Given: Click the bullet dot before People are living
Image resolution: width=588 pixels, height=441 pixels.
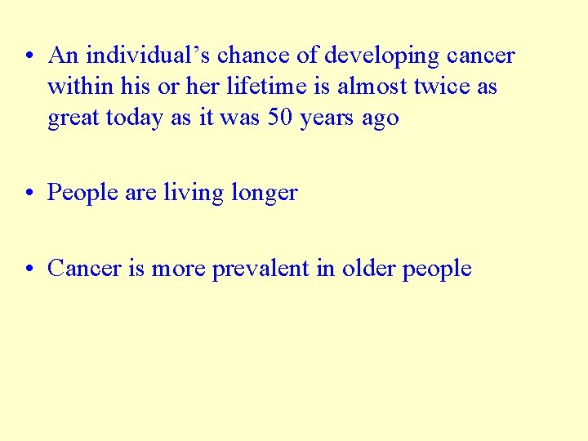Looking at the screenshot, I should click(x=29, y=194).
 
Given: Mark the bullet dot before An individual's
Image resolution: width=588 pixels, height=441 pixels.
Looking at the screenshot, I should click(x=29, y=56).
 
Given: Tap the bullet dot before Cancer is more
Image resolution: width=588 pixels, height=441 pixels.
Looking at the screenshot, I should click(x=29, y=269).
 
